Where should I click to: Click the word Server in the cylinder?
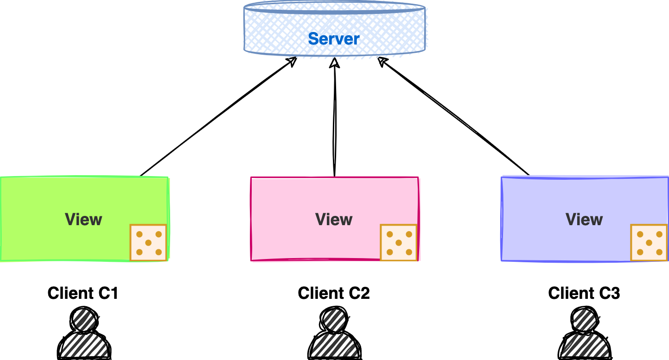coord(334,38)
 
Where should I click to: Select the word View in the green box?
coord(83,219)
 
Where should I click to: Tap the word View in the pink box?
coord(334,219)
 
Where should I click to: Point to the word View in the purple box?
coord(584,219)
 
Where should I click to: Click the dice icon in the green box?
coord(148,243)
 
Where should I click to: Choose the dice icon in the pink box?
coord(399,243)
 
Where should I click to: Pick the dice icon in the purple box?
coord(649,243)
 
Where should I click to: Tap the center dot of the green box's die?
coord(148,243)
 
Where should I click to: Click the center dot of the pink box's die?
coord(399,243)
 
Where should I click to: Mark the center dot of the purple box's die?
coord(649,243)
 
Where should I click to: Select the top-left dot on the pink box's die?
coord(389,234)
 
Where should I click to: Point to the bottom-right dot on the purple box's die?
coord(659,252)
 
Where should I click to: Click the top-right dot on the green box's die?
coord(159,234)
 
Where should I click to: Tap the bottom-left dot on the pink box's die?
coord(389,252)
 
